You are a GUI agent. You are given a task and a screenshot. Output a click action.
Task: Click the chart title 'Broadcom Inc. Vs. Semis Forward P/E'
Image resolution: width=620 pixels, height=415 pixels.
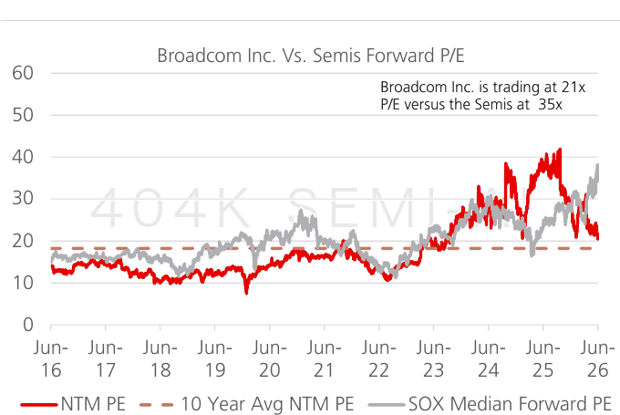coord(310,56)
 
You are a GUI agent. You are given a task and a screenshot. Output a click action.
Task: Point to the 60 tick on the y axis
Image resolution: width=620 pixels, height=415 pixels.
coord(23,73)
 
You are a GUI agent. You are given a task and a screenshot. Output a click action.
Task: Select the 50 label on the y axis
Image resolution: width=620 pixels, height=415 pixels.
coord(23,115)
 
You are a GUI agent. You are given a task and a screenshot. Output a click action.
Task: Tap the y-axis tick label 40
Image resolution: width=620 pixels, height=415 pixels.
coord(23,157)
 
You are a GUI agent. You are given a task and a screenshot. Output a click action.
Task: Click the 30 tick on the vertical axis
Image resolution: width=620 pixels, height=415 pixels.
coord(23,199)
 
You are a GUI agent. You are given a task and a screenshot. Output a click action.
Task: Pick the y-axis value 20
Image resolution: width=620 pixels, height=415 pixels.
coord(23,241)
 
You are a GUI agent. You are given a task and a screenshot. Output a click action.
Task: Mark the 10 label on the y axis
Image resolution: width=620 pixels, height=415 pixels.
coord(23,283)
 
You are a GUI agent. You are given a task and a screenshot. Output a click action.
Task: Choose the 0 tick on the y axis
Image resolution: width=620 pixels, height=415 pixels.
coord(28,325)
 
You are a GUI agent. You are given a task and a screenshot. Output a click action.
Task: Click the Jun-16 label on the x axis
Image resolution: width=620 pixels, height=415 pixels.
coord(51,359)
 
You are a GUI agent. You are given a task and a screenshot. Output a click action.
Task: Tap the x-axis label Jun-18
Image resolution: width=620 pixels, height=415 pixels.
coord(160,359)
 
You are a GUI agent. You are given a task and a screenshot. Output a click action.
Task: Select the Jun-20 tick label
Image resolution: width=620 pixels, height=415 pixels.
coord(270,359)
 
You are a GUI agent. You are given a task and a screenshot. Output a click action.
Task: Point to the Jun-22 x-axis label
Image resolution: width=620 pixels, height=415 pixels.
coord(378,359)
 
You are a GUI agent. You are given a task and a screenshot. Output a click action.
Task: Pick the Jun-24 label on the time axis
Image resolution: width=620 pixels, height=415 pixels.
coord(489,359)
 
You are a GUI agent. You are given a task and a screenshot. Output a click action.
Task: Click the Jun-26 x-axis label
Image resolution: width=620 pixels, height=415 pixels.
coord(597,359)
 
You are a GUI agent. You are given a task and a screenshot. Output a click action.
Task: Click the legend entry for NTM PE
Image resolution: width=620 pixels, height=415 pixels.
coord(73,404)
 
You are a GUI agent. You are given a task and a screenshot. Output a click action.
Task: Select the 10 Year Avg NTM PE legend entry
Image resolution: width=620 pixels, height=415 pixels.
coord(247,404)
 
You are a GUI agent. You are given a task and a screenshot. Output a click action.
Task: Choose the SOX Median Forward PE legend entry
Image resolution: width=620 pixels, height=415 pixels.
coord(490,404)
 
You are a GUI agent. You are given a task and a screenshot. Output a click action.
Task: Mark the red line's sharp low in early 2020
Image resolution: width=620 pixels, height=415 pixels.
coord(246,294)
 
